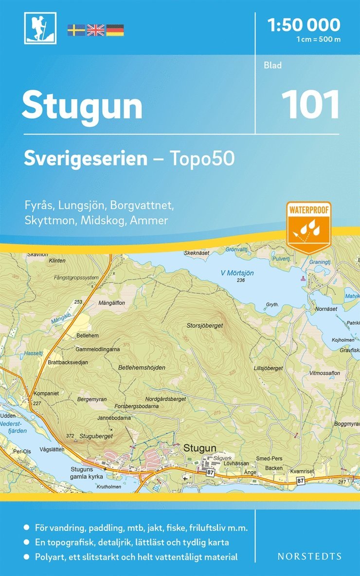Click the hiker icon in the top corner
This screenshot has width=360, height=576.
[x=40, y=28]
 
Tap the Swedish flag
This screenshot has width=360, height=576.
[x=76, y=30]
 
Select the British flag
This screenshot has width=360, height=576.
[x=95, y=30]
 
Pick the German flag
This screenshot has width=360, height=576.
[x=115, y=30]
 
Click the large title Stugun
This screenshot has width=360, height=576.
[x=82, y=106]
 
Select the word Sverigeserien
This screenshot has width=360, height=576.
[x=85, y=158]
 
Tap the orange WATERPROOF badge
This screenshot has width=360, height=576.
[x=308, y=226]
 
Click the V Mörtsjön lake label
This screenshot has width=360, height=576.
[x=237, y=273]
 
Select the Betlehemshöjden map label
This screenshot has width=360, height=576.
[x=142, y=368]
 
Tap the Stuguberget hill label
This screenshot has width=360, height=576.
[x=96, y=436]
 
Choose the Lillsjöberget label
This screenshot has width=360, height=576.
[x=268, y=369]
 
